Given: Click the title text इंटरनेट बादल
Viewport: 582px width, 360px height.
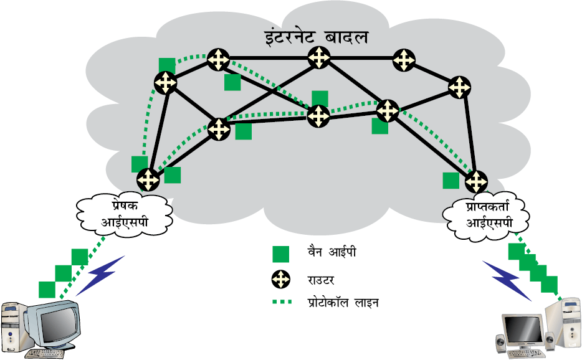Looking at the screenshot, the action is tap(317, 37).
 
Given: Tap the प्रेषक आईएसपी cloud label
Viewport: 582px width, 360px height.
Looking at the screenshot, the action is tap(125, 214).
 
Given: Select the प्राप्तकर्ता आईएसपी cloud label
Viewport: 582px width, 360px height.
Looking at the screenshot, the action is tap(489, 214).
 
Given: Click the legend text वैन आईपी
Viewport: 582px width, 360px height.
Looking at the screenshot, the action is tap(332, 252).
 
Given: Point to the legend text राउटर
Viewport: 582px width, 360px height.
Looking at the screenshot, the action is tap(321, 280).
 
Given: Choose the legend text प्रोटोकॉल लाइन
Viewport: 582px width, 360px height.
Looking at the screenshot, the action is tap(343, 303).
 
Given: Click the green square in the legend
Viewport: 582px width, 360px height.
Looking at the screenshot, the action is tap(280, 254).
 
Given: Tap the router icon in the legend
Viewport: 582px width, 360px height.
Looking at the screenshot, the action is tap(280, 279).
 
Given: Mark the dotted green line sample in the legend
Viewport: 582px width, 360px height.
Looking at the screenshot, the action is tap(282, 301).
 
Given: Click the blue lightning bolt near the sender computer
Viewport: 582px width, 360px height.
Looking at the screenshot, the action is tap(100, 275).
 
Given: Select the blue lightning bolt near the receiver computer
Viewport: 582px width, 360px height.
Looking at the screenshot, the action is tap(507, 280).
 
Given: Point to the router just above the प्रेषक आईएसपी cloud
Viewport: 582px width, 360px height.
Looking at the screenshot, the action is tap(148, 179).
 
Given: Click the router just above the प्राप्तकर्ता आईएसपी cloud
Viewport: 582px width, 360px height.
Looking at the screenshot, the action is tap(476, 181).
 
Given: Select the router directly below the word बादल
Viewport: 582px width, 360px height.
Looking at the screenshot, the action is tap(319, 57).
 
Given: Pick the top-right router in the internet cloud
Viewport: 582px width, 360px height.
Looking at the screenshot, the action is tap(404, 60).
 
